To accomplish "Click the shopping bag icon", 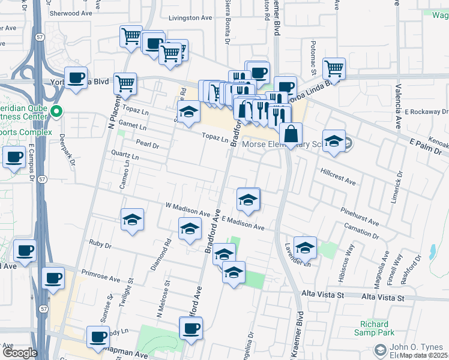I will pos(291,134).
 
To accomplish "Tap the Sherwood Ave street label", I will pos(71,13).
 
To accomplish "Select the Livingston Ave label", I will pos(190,18).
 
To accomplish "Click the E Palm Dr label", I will pos(425,143).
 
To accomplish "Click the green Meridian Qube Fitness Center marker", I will pos(56,112).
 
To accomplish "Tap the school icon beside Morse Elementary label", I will pos(334,141).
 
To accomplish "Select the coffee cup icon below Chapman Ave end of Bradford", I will pos(191,328).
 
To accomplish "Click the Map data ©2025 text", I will pos(424,355).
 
